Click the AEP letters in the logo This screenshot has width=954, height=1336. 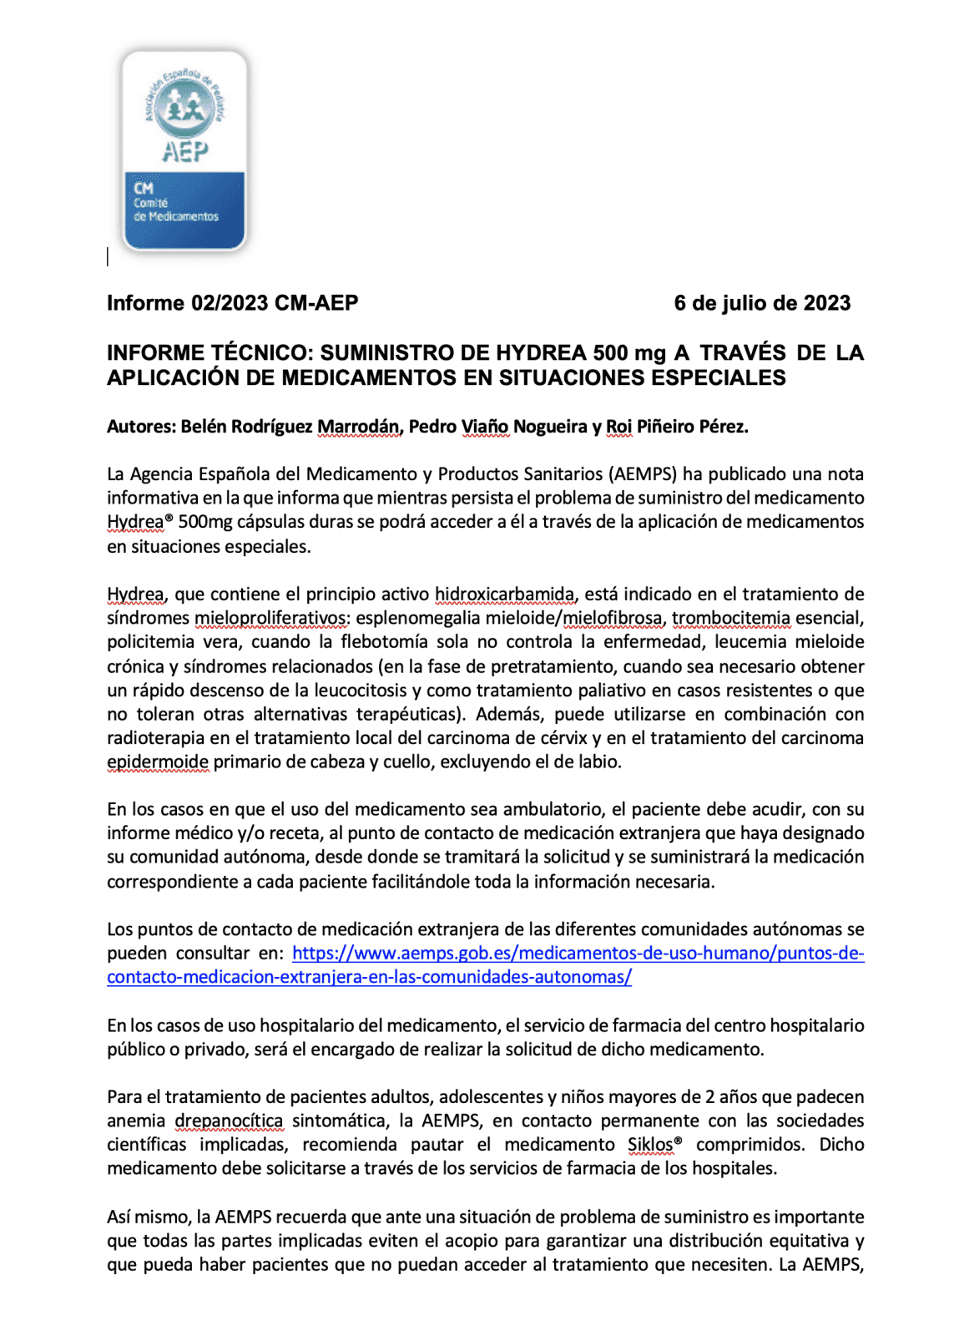point(184,152)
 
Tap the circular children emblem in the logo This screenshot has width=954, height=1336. point(184,108)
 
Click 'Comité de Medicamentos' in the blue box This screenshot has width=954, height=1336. point(175,210)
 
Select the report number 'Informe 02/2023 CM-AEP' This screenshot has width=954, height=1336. point(232,303)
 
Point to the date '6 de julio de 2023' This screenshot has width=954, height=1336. point(761,303)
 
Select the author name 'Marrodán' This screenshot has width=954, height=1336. point(359,427)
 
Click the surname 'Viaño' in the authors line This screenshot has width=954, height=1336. point(484,427)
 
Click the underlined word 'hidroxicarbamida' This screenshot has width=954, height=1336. point(504,595)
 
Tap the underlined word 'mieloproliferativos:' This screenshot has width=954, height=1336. point(271,619)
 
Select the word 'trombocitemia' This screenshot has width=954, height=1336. point(730,619)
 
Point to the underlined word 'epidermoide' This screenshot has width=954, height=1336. point(157,762)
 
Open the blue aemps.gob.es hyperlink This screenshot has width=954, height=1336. point(578,954)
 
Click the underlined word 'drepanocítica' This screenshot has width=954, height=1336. point(229,1121)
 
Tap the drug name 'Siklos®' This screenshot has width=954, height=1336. point(654,1145)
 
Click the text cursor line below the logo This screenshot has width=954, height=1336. point(108,257)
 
